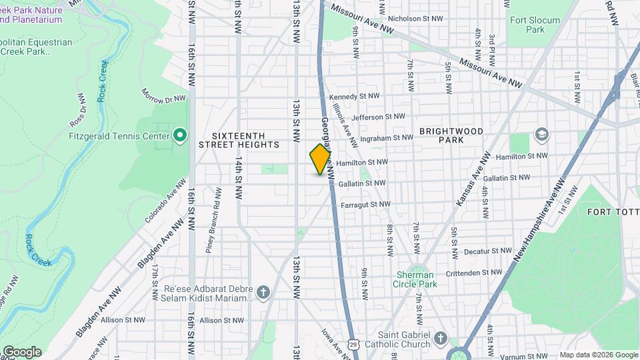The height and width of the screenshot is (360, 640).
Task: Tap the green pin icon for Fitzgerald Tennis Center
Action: coord(179,136)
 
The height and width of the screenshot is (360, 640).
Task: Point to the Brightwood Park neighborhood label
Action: coord(451,135)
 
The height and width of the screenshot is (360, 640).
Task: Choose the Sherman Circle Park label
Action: coord(415,279)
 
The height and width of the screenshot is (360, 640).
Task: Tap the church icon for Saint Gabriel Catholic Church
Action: coord(440,339)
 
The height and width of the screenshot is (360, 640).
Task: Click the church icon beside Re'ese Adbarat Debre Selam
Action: coord(263,293)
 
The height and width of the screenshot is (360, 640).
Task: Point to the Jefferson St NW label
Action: coord(377,117)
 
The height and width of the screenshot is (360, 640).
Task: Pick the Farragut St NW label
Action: coord(365,204)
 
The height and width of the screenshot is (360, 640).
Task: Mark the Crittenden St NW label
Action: coord(478,272)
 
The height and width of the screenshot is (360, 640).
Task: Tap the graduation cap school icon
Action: coord(541,135)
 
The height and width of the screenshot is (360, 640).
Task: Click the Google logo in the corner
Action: coord(21,352)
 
